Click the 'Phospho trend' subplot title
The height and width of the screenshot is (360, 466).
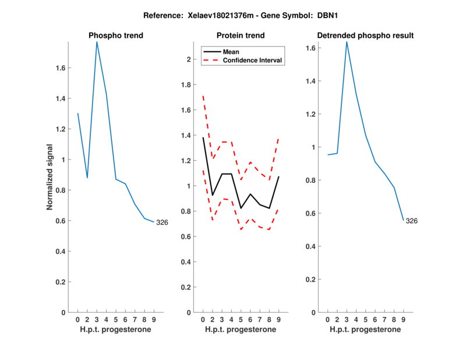(x=116, y=36)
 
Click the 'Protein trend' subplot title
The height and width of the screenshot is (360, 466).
(x=241, y=36)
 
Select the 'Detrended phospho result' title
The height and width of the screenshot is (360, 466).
(x=365, y=36)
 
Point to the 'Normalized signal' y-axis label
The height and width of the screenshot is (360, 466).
(x=50, y=177)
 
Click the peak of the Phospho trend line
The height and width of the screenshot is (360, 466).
(x=97, y=41)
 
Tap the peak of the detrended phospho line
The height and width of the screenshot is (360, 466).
(x=347, y=41)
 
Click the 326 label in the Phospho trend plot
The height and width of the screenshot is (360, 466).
(x=162, y=223)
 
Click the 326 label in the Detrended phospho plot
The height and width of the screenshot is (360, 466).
(x=411, y=221)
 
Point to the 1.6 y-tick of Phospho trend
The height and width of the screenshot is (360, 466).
(x=61, y=68)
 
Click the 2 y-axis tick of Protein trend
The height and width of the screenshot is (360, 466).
(x=188, y=59)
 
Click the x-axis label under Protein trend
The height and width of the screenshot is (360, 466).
(x=241, y=329)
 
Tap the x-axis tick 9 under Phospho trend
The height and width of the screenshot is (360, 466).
(x=154, y=319)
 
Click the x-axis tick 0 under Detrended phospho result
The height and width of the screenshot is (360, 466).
(x=327, y=319)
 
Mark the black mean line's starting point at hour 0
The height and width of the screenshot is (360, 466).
(x=203, y=137)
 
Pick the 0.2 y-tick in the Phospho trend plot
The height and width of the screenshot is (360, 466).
(x=61, y=282)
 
